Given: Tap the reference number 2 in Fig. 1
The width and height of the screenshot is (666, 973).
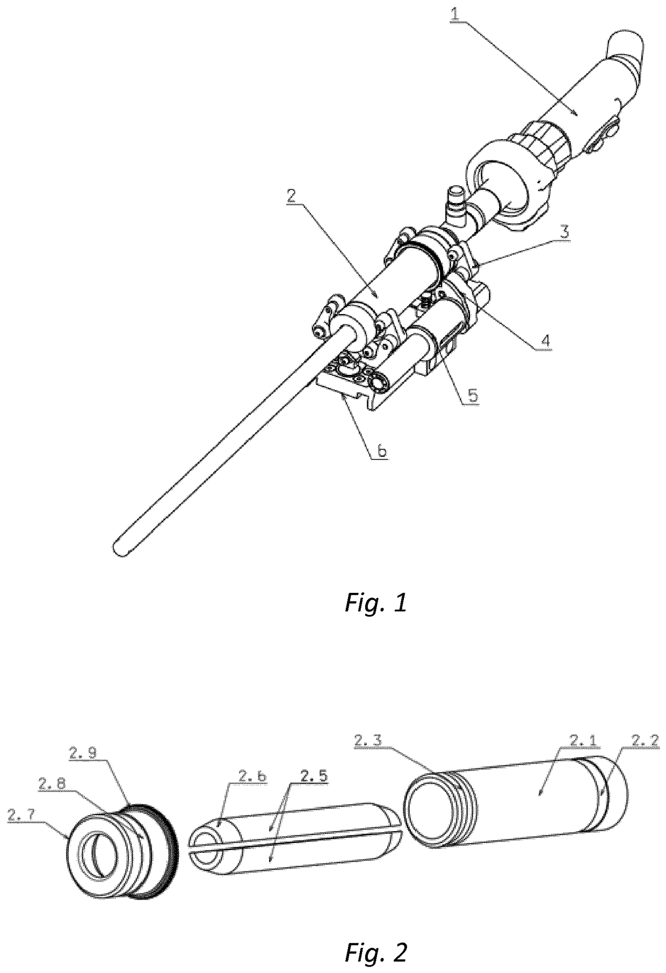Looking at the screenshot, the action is point(291,197).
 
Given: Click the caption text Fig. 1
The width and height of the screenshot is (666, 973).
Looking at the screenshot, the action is point(375,604).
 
